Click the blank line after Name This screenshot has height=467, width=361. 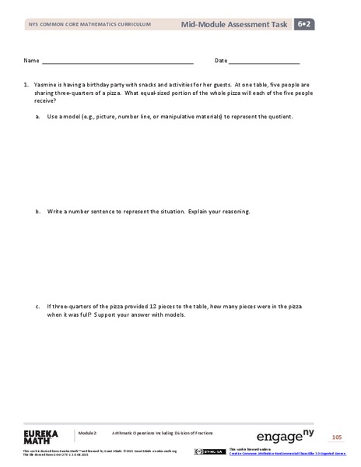click(117, 61)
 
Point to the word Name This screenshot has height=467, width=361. click(31, 60)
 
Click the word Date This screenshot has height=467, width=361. click(221, 60)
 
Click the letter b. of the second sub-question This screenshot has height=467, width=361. click(38, 211)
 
